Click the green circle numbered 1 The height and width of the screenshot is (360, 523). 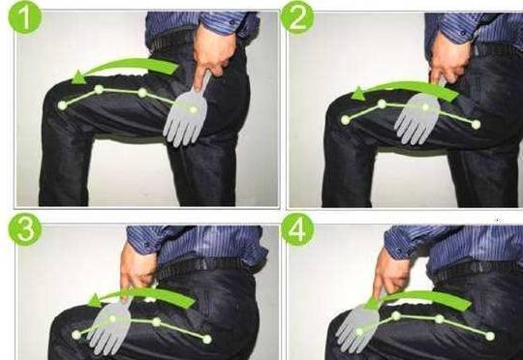(25, 16)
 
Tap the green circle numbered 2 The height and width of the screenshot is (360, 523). (297, 17)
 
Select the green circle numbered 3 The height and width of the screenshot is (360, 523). (25, 229)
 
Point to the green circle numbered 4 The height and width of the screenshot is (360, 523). (297, 229)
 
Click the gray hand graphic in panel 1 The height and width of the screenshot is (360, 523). (186, 115)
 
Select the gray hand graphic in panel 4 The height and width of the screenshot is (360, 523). (357, 327)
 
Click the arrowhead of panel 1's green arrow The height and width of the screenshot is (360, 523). (78, 77)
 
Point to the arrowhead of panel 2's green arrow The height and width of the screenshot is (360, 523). (358, 94)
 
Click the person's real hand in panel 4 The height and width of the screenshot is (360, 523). (390, 273)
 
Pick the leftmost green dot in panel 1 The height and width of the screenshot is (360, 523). (62, 105)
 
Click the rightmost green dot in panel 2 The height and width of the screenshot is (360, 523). (477, 125)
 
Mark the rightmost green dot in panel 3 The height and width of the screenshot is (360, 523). (207, 340)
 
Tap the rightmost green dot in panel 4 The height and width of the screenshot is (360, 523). (490, 336)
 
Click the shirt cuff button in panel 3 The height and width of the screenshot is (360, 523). (146, 244)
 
